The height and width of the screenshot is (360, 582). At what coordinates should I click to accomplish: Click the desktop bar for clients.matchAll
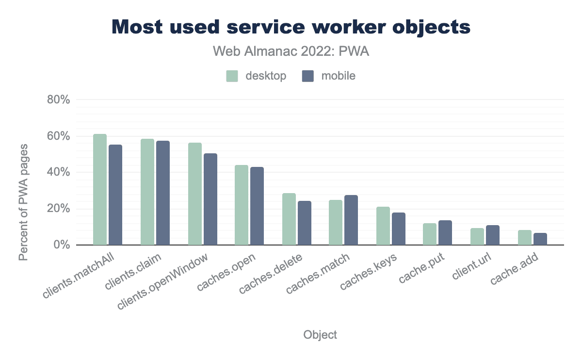pyautogui.click(x=100, y=190)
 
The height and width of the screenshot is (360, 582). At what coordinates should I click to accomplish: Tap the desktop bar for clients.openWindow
pyautogui.click(x=195, y=194)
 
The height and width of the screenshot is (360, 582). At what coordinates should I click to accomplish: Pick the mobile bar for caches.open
pyautogui.click(x=257, y=206)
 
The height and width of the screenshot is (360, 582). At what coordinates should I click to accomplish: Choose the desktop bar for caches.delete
pyautogui.click(x=289, y=219)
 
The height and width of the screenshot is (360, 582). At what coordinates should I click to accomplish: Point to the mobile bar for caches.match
pyautogui.click(x=351, y=220)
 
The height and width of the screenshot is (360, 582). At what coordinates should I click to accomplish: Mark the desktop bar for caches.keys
pyautogui.click(x=383, y=226)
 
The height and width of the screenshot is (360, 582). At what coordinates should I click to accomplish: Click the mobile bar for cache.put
pyautogui.click(x=445, y=233)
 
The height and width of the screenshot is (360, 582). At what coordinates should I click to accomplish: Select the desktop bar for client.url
pyautogui.click(x=477, y=237)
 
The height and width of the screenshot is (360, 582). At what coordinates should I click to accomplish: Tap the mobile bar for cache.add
pyautogui.click(x=540, y=239)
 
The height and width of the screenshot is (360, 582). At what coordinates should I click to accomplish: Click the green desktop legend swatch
pyautogui.click(x=232, y=76)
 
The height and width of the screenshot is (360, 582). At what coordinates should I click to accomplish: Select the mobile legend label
pyautogui.click(x=338, y=76)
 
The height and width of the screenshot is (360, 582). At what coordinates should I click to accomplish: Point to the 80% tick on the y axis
pyautogui.click(x=59, y=99)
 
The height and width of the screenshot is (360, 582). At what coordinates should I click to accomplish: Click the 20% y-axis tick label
pyautogui.click(x=59, y=209)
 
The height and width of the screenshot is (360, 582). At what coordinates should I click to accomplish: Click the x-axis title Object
pyautogui.click(x=320, y=335)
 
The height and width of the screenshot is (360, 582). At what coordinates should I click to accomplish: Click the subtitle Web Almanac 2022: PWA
pyautogui.click(x=291, y=51)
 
